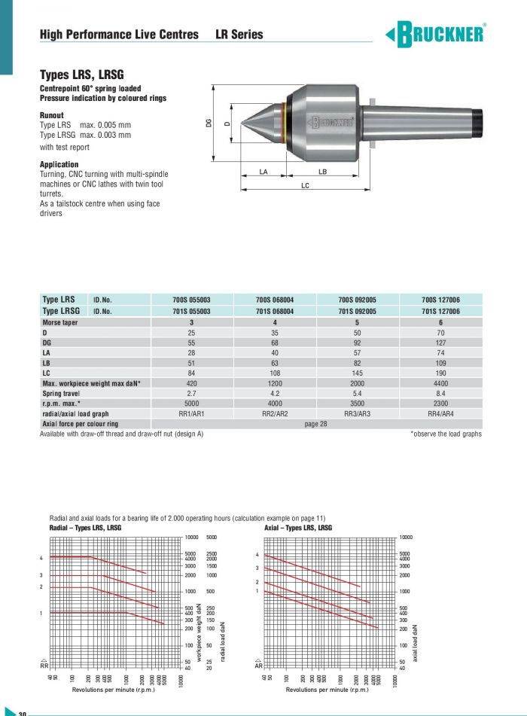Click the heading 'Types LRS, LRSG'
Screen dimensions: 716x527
pyautogui.click(x=81, y=75)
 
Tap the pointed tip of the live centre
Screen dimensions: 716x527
pyautogui.click(x=242, y=123)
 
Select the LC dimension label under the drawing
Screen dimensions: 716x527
pyautogui.click(x=305, y=184)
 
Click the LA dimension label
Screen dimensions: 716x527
pyautogui.click(x=263, y=172)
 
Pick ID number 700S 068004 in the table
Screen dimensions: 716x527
pyautogui.click(x=275, y=300)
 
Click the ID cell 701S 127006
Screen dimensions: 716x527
pyautogui.click(x=440, y=311)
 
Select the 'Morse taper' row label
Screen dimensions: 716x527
pyautogui.click(x=60, y=321)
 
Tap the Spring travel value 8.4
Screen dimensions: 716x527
pyautogui.click(x=440, y=393)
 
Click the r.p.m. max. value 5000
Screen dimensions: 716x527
pyautogui.click(x=192, y=404)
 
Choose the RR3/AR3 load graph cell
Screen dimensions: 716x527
pyautogui.click(x=358, y=413)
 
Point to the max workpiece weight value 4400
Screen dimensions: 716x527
pyautogui.click(x=440, y=383)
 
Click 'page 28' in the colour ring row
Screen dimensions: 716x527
pyautogui.click(x=316, y=424)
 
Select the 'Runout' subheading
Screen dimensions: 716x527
pyautogui.click(x=52, y=115)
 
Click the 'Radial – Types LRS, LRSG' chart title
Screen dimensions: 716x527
pyautogui.click(x=80, y=528)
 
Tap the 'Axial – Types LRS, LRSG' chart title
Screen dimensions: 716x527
pyautogui.click(x=297, y=528)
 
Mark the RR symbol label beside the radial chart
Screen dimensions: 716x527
pyautogui.click(x=44, y=666)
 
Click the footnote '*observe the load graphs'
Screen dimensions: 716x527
pyautogui.click(x=446, y=434)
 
